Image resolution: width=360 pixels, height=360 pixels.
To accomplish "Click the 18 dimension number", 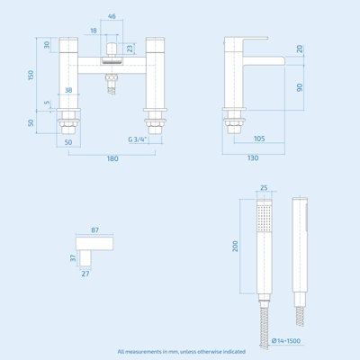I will point(94,31).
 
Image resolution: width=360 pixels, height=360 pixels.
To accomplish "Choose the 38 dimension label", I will point(68,91).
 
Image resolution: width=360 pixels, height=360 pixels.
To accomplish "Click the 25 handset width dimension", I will point(263,189).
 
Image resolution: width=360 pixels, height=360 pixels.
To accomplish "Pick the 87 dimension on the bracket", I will point(95,230).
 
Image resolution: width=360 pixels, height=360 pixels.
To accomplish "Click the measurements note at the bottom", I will point(180,351).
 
